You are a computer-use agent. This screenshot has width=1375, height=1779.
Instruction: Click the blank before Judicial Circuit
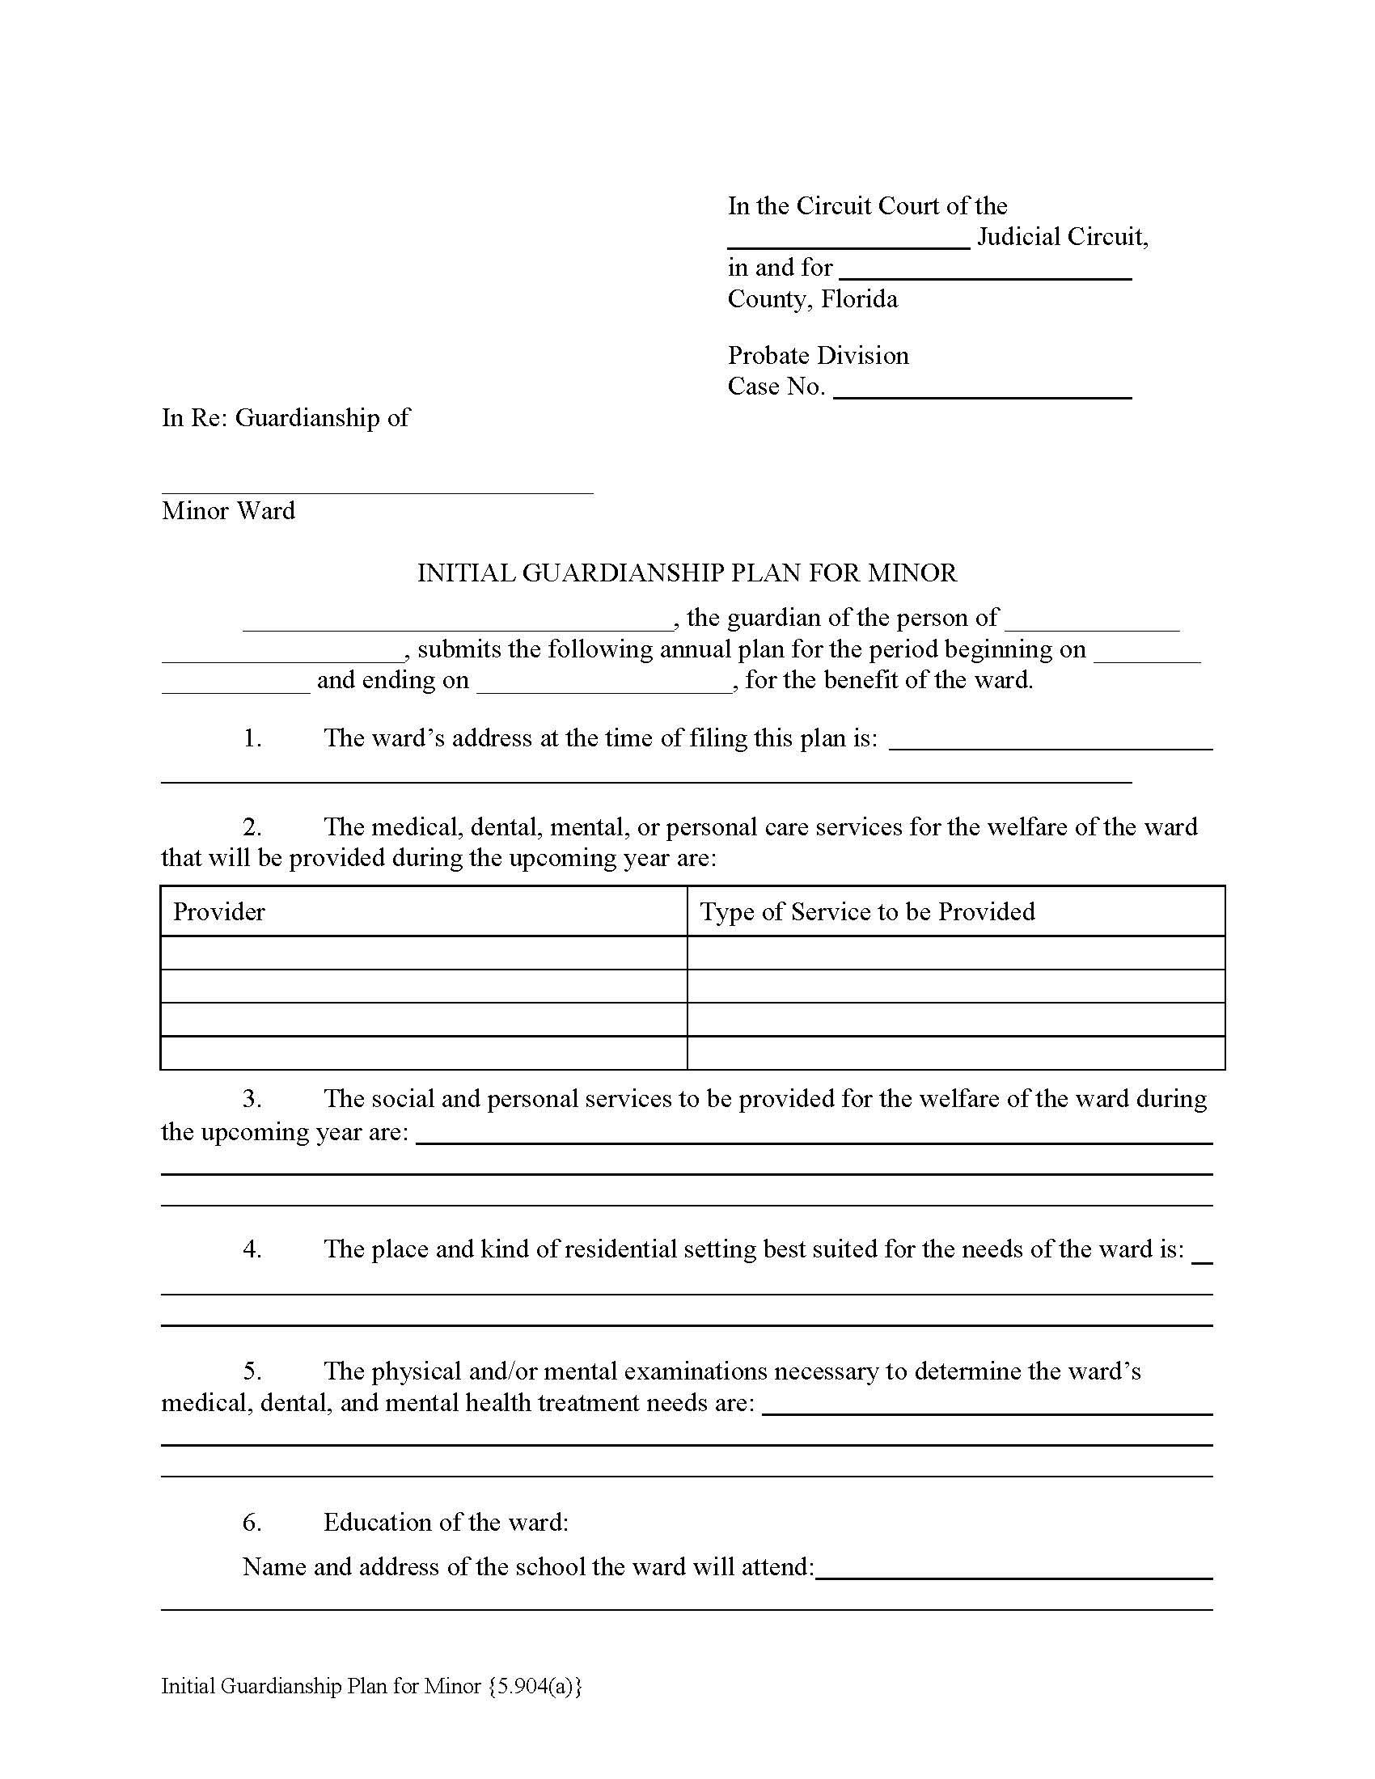click(848, 239)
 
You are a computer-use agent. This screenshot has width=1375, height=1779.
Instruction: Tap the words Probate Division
click(818, 355)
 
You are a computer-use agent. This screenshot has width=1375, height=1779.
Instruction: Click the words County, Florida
click(812, 299)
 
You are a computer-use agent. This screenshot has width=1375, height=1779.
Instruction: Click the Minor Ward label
click(228, 511)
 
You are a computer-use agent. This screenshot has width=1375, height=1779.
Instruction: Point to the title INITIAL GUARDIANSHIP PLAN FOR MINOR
click(687, 573)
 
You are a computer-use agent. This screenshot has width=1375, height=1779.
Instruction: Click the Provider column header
click(219, 911)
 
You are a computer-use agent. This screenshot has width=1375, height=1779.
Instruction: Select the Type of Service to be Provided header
click(868, 911)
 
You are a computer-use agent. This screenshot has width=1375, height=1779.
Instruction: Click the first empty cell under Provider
click(424, 953)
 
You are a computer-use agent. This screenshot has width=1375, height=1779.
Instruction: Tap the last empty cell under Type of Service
click(955, 1052)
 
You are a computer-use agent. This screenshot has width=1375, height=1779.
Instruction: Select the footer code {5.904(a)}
click(535, 1686)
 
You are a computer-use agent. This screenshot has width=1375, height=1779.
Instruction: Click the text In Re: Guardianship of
click(285, 418)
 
